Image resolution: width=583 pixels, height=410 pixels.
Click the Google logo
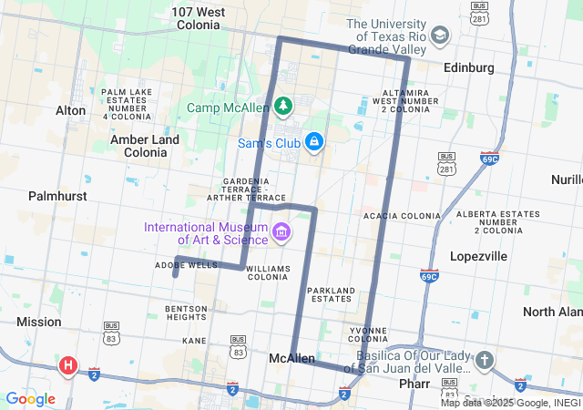pos(30,399)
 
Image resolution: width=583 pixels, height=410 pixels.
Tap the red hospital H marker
pos(67,366)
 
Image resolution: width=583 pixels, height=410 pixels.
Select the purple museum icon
pos(281,233)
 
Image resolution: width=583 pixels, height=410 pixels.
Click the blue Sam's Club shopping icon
pos(313,142)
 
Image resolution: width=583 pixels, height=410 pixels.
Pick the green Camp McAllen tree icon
pos(283,108)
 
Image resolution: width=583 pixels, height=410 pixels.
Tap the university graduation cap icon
pos(440,36)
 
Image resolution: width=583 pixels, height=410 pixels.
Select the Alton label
pos(70,110)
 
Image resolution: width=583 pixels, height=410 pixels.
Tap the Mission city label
pos(39,322)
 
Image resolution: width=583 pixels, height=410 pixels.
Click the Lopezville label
pos(478,256)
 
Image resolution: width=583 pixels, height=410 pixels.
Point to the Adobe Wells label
pos(186,265)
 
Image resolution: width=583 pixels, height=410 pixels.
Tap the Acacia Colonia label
pos(402,216)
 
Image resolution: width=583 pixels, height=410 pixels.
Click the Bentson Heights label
pos(186,313)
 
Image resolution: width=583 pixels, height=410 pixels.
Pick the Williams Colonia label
pos(268,273)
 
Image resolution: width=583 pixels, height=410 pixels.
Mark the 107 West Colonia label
pos(199,19)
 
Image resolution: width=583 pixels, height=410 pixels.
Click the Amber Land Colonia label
pos(145,146)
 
